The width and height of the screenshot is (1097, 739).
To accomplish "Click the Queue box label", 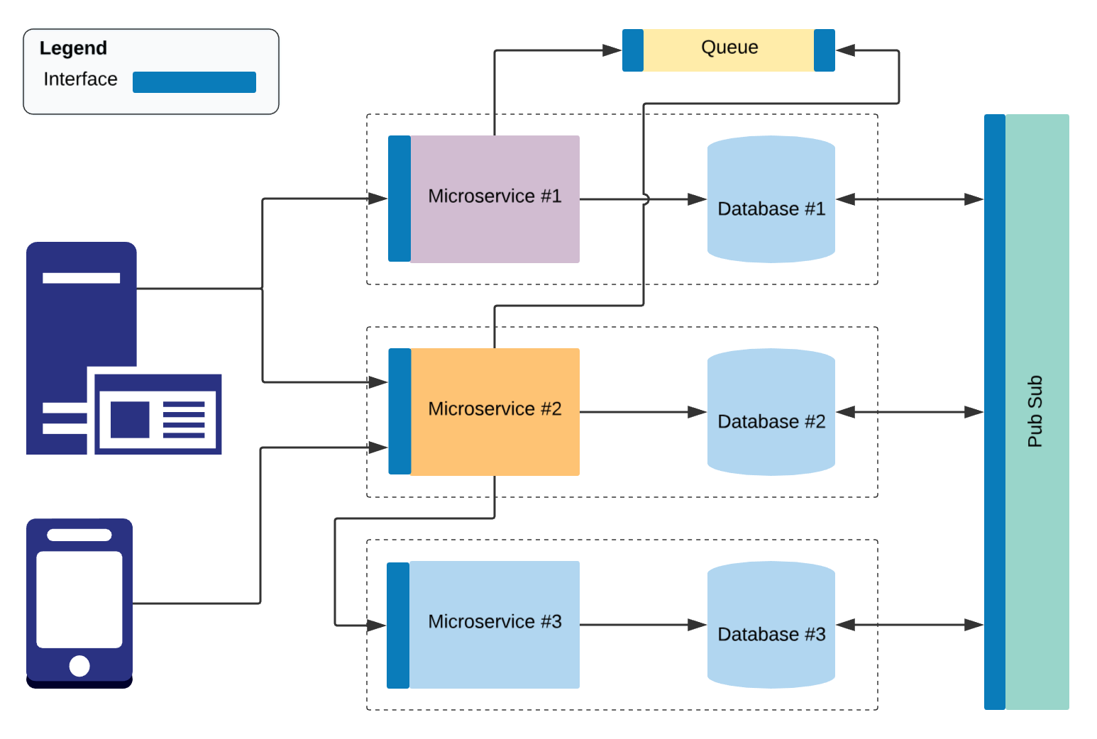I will tap(729, 48).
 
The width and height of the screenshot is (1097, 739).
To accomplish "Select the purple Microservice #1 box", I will tap(495, 199).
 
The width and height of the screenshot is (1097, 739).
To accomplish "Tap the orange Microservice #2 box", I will tap(495, 411).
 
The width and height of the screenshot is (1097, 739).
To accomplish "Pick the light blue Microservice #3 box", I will tap(495, 624).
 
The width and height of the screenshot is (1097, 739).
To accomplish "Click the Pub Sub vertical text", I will tap(1035, 411).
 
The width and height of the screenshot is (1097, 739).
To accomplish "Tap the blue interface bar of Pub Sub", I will tap(994, 411).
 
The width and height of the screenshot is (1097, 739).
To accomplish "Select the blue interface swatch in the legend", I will tap(194, 82).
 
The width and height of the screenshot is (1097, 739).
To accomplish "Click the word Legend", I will tap(73, 48).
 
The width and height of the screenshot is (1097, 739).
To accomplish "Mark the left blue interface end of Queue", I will tap(632, 50).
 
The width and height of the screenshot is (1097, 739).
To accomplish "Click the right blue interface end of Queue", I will tap(824, 50).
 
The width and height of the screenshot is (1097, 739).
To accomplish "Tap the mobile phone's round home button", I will tap(79, 666).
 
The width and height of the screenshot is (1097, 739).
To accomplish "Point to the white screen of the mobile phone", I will tap(79, 599).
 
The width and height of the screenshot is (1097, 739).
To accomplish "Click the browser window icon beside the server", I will tap(158, 415).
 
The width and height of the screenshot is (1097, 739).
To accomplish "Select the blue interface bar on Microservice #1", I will tap(399, 199).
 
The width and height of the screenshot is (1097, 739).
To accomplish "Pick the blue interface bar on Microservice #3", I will tap(398, 625).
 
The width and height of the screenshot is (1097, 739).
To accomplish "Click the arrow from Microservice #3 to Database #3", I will tap(642, 625).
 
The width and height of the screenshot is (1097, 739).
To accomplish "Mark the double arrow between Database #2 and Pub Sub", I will tap(910, 412).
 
